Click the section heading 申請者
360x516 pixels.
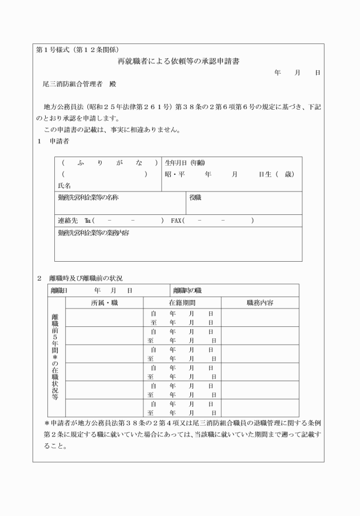59,141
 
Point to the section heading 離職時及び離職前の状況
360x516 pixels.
86,278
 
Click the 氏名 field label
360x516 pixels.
65,185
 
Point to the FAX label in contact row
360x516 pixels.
176,221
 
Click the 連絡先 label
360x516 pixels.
67,221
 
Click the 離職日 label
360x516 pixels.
59,291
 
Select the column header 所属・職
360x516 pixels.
104,302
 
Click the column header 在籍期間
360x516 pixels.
182,302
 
